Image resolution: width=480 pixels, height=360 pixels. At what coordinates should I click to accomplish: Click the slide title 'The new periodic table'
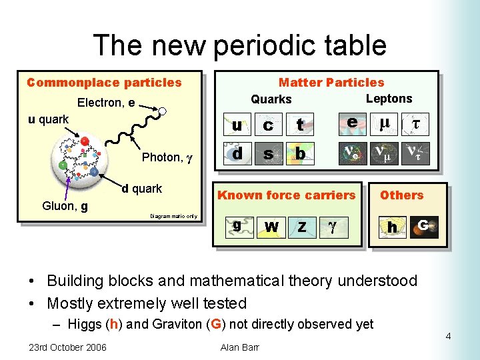pyautogui.click(x=239, y=45)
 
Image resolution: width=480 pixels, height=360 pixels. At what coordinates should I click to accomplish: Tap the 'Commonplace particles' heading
pyautogui.click(x=104, y=83)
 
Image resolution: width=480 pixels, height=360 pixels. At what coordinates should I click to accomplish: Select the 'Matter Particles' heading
pyautogui.click(x=331, y=83)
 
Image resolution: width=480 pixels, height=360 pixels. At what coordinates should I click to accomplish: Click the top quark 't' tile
pyautogui.click(x=300, y=125)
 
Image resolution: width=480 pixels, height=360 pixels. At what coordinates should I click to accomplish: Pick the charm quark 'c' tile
pyautogui.click(x=268, y=125)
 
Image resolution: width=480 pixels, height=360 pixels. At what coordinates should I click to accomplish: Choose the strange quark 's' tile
pyautogui.click(x=268, y=154)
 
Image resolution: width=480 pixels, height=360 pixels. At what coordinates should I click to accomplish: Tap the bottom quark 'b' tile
pyautogui.click(x=300, y=154)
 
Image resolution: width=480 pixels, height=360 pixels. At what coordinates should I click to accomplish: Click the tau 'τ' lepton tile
pyautogui.click(x=415, y=124)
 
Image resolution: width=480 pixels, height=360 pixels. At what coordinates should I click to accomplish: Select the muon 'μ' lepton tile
pyautogui.click(x=384, y=124)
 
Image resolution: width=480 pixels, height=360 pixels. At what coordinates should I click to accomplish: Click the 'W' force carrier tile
pyautogui.click(x=271, y=227)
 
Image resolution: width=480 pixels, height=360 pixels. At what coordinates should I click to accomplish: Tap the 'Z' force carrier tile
pyautogui.click(x=302, y=227)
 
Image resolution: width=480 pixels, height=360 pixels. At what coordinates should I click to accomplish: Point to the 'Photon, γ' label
pyautogui.click(x=167, y=157)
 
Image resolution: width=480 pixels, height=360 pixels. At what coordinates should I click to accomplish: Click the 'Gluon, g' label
pyautogui.click(x=65, y=206)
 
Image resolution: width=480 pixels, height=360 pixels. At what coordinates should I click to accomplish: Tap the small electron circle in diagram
pyautogui.click(x=161, y=112)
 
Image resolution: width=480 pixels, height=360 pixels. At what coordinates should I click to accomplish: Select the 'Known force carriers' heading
pyautogui.click(x=287, y=195)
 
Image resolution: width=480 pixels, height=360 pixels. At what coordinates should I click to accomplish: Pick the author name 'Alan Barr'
pyautogui.click(x=239, y=347)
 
